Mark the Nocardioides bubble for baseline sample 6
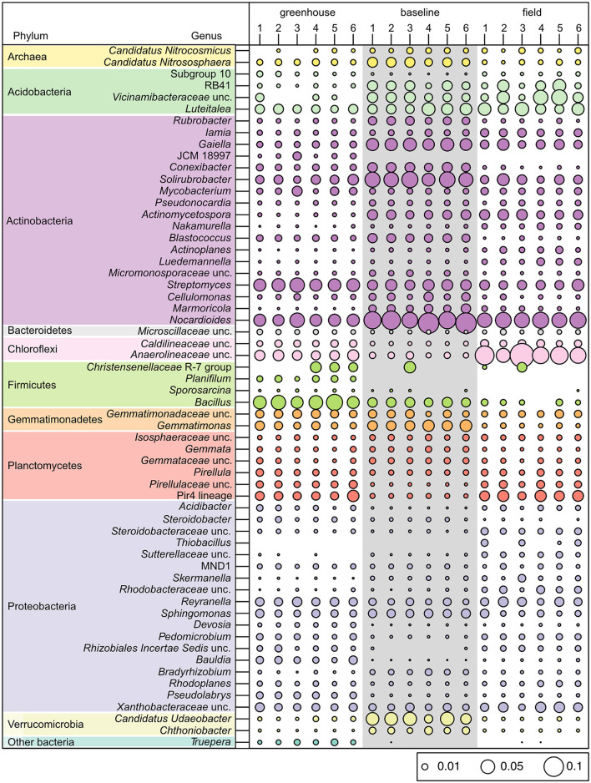point(466,321)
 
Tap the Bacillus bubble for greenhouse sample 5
point(334,402)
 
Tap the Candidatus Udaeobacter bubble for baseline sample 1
point(372,719)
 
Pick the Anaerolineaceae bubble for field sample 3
point(522,355)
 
